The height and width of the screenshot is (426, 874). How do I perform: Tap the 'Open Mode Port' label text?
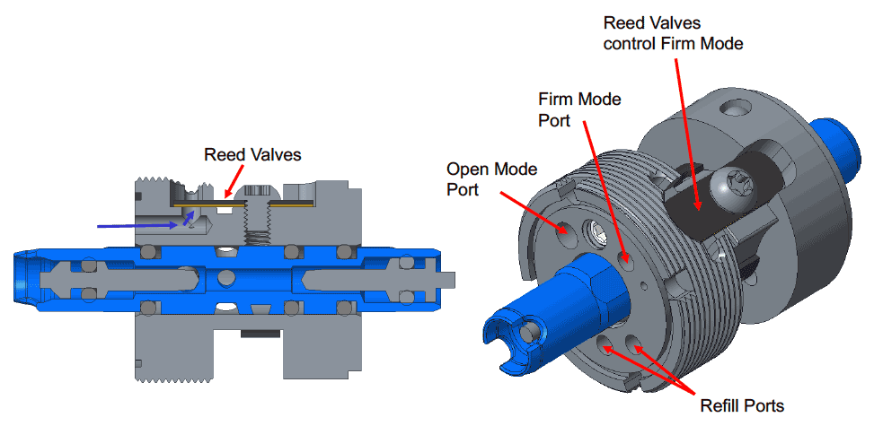pyautogui.click(x=490, y=178)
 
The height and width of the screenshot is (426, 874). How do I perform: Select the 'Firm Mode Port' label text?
pyautogui.click(x=579, y=108)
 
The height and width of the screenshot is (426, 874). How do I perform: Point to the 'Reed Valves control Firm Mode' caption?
pyautogui.click(x=673, y=32)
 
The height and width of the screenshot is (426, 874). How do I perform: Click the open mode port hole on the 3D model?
pyautogui.click(x=566, y=229)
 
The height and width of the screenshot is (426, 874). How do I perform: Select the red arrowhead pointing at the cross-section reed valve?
pyautogui.click(x=230, y=193)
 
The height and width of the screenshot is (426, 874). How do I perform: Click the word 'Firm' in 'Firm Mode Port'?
pyautogui.click(x=554, y=98)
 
